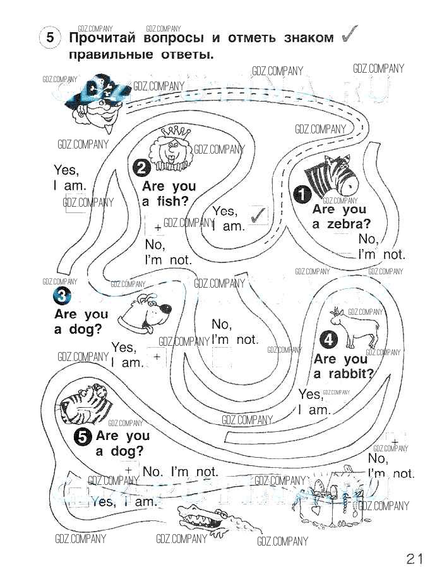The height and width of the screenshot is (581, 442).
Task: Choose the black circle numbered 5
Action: (83, 436)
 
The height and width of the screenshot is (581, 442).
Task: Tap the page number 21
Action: (414, 558)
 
